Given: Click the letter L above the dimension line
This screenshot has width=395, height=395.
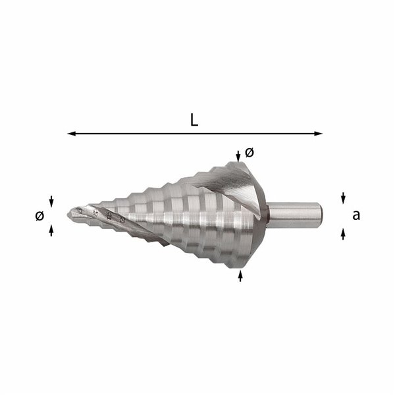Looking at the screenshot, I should [x=194, y=120].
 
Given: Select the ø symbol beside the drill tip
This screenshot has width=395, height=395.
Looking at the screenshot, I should [x=39, y=215].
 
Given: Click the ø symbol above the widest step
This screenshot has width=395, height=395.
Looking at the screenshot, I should [x=249, y=152].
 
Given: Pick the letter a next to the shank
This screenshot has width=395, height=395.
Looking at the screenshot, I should [x=356, y=214].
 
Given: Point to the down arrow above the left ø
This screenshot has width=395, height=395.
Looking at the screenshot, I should [x=51, y=200].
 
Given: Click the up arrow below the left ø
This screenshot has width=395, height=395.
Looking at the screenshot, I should [x=51, y=229].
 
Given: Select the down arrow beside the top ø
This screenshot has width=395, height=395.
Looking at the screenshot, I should [x=238, y=155].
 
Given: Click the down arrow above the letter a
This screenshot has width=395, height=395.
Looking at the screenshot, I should [x=343, y=197].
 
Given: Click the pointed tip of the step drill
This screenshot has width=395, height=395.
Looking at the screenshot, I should [x=70, y=212].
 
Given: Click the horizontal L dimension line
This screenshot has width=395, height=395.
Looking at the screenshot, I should [x=197, y=134].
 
